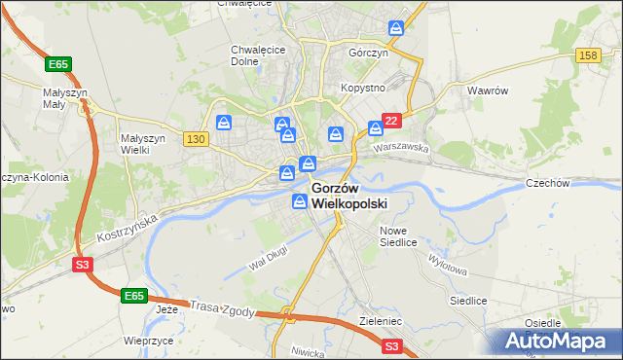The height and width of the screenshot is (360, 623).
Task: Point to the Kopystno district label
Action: [364, 88]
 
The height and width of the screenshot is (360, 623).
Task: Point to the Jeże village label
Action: [167, 310]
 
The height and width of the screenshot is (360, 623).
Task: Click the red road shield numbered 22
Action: [391, 121]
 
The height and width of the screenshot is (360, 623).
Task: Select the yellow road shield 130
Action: [195, 139]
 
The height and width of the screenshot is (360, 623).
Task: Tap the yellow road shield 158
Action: [587, 56]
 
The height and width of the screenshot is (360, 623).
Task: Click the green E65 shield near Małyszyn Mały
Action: [58, 64]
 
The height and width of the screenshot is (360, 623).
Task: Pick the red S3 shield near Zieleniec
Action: [391, 345]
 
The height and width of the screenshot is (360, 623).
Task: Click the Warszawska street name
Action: [403, 150]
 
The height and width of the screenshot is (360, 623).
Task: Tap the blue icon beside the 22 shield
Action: [375, 127]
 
